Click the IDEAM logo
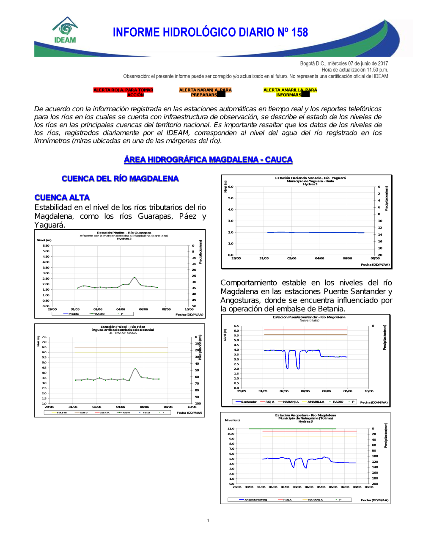point(65,30)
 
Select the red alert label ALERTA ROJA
point(123,92)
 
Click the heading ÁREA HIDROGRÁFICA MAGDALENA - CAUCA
point(208,159)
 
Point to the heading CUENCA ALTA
point(62,198)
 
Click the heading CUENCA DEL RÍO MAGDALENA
point(120,179)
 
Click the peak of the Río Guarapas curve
point(135,278)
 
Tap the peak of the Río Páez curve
point(135,369)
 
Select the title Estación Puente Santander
point(309,317)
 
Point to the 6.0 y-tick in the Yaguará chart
point(231,187)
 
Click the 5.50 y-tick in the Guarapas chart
point(46,245)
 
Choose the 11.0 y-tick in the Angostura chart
point(231,429)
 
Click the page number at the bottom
point(208,520)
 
